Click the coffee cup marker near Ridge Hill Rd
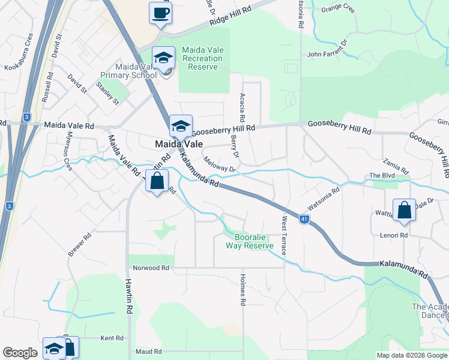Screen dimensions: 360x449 (x=160, y=13)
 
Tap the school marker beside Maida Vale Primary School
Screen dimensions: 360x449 (x=163, y=58)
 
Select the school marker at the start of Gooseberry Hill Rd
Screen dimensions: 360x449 (x=181, y=127)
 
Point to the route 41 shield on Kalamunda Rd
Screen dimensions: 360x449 (x=305, y=220)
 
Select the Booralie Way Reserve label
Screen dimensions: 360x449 (x=250, y=241)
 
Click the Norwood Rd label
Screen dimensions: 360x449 (x=148, y=267)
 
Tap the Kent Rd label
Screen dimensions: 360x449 (x=112, y=338)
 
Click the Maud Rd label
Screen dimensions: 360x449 (x=149, y=352)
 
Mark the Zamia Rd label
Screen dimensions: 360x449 (x=396, y=163)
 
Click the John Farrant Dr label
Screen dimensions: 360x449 (x=328, y=49)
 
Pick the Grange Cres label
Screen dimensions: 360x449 (x=339, y=8)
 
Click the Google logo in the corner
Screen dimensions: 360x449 (x=20, y=352)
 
